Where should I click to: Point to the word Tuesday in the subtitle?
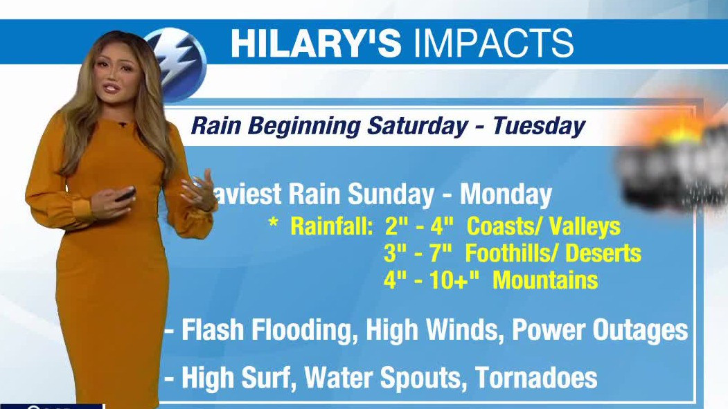[539, 126]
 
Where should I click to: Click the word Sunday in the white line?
[391, 194]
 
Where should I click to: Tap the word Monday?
[506, 194]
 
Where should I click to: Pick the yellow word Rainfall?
[331, 226]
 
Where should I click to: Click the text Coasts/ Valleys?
[543, 226]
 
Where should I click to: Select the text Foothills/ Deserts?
[553, 253]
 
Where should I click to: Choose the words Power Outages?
[599, 330]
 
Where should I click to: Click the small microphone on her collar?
[122, 125]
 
